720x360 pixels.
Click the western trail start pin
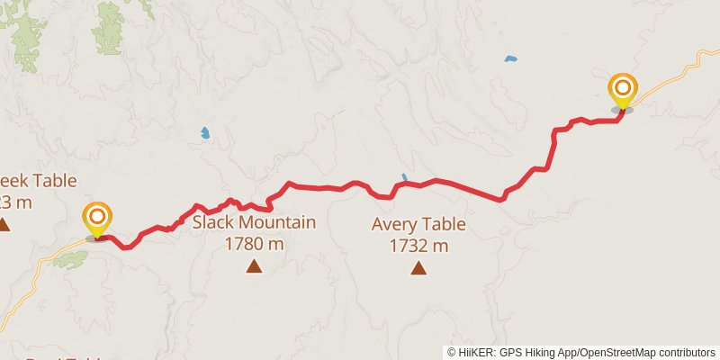point(97,219)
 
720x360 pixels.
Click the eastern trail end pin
point(622,90)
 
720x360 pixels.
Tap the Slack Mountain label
point(254,222)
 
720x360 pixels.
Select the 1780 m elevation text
point(254,243)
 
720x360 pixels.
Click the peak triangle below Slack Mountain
point(254,265)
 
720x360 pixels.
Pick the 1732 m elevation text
point(418,245)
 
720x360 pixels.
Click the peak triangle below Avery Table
point(418,267)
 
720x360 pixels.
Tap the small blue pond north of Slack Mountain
point(205,133)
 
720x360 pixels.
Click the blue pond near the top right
point(511,59)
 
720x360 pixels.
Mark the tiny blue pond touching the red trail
point(404,177)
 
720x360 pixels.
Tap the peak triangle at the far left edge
point(4,224)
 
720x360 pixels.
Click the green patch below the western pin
point(70,259)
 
